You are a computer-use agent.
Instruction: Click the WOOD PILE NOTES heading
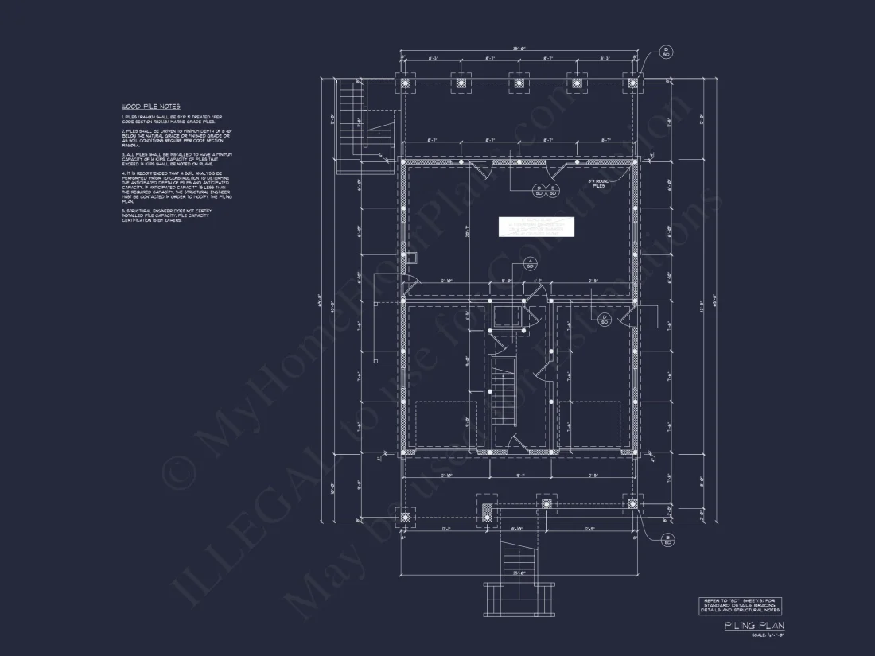(x=150, y=106)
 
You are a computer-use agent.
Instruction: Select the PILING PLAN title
(x=753, y=626)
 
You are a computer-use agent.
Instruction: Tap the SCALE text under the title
(x=768, y=635)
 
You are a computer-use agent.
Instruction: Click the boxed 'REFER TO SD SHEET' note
(x=740, y=605)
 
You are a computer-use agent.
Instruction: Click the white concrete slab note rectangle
(x=536, y=227)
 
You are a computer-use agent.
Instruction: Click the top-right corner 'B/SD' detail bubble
(x=667, y=52)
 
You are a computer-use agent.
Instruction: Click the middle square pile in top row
(x=519, y=83)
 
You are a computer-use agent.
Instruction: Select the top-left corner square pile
(x=406, y=83)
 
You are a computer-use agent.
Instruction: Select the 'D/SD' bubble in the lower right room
(x=605, y=319)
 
